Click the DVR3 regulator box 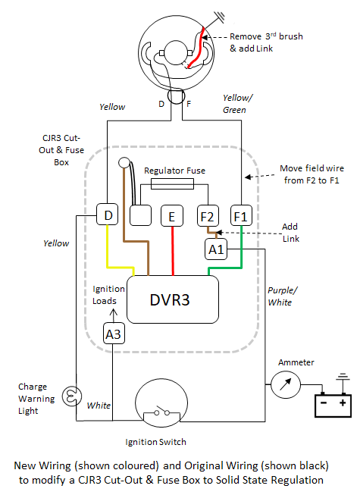tap(173, 299)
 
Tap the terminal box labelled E tap(172, 216)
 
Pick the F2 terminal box tap(208, 216)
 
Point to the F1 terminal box tap(241, 215)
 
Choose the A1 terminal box tap(216, 249)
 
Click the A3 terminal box tap(114, 334)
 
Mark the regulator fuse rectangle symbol tap(172, 183)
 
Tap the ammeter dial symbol tap(286, 385)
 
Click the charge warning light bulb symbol tap(72, 396)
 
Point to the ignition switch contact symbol tap(161, 412)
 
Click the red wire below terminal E tap(173, 251)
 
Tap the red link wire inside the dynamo tap(197, 49)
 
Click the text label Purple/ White tap(282, 296)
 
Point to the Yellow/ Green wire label tap(237, 104)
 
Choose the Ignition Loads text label tap(108, 295)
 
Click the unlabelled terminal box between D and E tap(140, 215)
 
